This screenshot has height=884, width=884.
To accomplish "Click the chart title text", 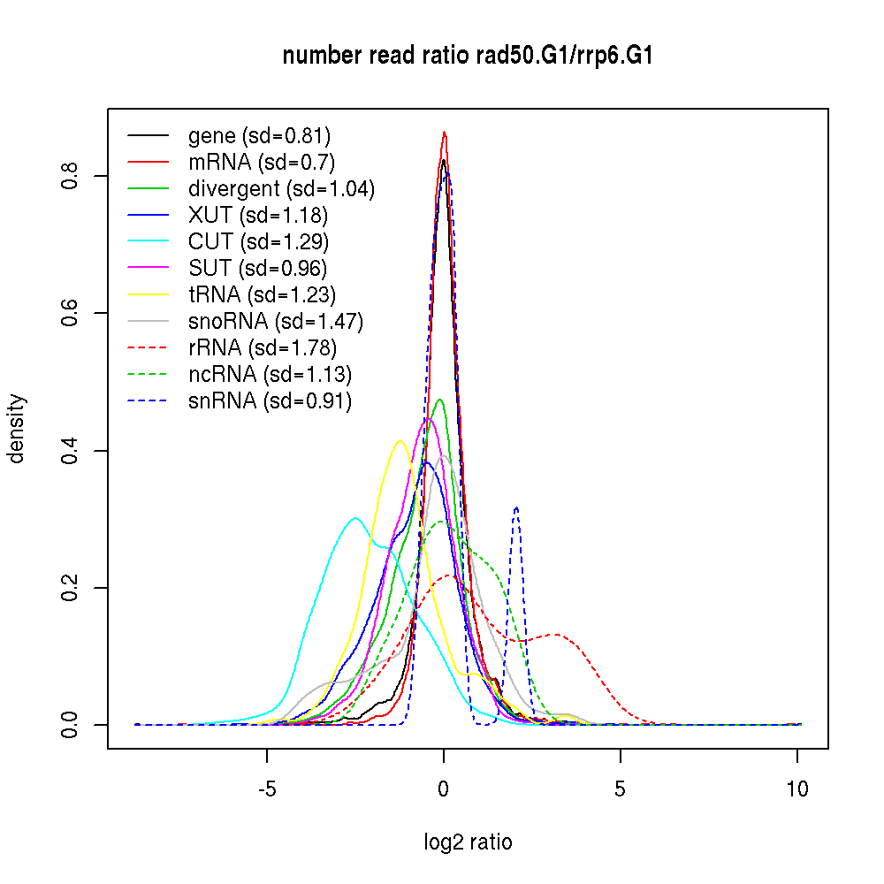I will (468, 57).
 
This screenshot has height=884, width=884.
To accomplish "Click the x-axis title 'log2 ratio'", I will (468, 842).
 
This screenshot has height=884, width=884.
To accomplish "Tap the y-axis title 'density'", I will (17, 429).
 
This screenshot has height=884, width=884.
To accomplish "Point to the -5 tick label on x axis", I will (267, 789).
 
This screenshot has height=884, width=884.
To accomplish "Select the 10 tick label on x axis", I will (797, 789).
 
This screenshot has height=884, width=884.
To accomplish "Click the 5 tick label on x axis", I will (621, 789).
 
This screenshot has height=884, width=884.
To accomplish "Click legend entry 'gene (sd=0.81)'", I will (259, 136).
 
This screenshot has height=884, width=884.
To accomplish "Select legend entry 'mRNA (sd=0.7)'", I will (262, 163).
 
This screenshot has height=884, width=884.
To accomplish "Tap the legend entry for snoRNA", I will (276, 321).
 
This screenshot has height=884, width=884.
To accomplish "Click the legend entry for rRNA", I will (263, 347).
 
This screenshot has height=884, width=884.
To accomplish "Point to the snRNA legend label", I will (270, 400).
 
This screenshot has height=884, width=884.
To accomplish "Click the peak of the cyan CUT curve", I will (355, 518).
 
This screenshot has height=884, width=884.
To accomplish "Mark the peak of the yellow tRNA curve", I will (400, 440).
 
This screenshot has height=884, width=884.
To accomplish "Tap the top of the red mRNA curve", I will (445, 133).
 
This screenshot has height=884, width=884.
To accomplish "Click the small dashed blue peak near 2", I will (515, 507).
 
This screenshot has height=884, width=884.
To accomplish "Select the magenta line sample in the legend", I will (149, 268).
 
